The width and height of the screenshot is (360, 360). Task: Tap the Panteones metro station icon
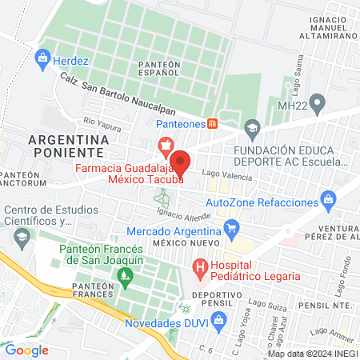[212, 123]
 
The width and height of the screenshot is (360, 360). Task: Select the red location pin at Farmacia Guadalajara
[181, 162]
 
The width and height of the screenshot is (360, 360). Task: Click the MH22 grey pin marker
[318, 102]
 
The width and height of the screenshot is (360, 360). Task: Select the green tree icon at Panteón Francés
[123, 277]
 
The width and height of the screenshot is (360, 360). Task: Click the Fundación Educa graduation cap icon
[252, 128]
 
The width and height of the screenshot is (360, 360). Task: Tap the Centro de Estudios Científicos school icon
[22, 238]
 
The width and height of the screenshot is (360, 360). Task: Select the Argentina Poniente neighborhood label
[66, 145]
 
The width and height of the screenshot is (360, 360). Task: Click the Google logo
[27, 350]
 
